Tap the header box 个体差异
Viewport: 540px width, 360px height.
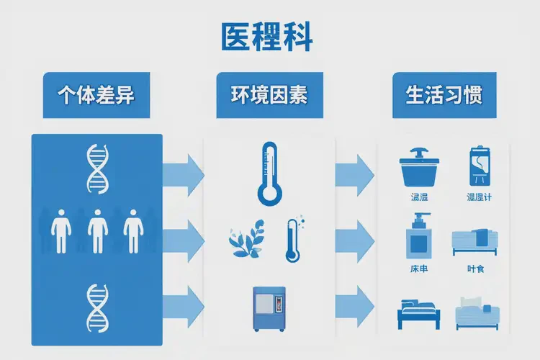96,95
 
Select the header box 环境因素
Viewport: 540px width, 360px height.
269,95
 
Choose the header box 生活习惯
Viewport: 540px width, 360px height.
444,95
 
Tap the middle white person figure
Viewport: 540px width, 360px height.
97,230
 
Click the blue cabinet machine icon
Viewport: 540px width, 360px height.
269,308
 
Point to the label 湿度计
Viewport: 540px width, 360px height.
479,197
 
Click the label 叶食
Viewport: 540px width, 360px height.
475,268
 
